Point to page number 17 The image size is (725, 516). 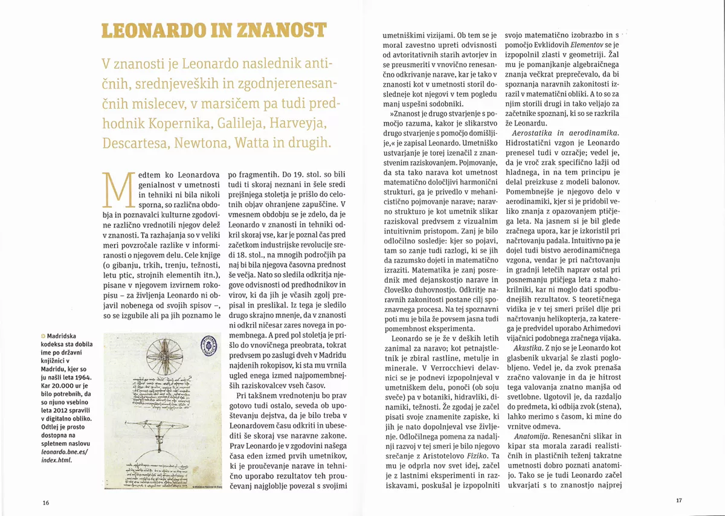pyautogui.click(x=678, y=500)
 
